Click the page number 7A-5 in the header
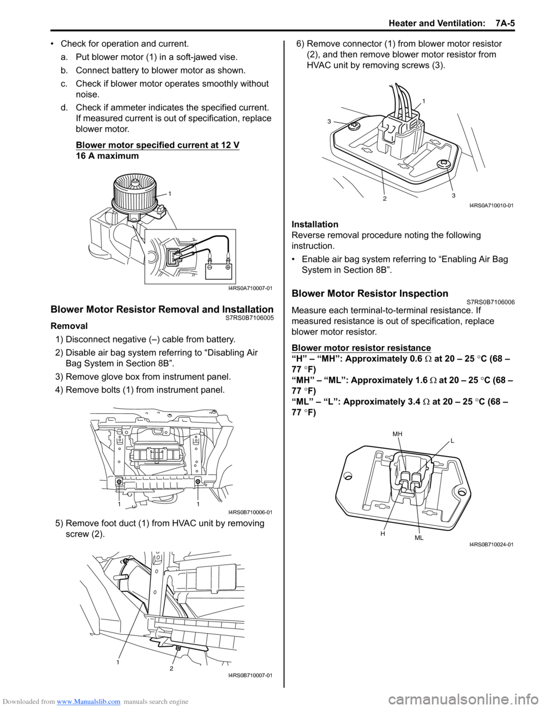pyautogui.click(x=505, y=23)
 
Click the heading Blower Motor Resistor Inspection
pyautogui.click(x=370, y=293)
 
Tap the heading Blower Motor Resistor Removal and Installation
pyautogui.click(x=162, y=309)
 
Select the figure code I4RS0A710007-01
pyautogui.click(x=250, y=288)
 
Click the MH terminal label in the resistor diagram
pyautogui.click(x=397, y=434)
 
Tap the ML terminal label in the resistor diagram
pyautogui.click(x=419, y=538)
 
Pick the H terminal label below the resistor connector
pyautogui.click(x=383, y=533)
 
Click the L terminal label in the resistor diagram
pyautogui.click(x=452, y=441)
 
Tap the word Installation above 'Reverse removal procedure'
pyautogui.click(x=315, y=224)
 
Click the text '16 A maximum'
pyautogui.click(x=107, y=156)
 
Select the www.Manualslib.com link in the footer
pyautogui.click(x=88, y=702)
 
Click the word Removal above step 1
pyautogui.click(x=69, y=326)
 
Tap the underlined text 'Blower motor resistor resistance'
pyautogui.click(x=361, y=348)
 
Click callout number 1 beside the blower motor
pyautogui.click(x=170, y=194)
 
